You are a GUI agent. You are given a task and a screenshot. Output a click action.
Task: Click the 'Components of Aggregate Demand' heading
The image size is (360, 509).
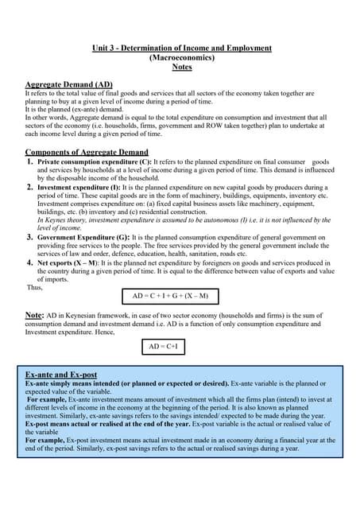[x=87, y=152]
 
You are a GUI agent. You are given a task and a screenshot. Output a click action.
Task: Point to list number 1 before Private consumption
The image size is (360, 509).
[x=30, y=161]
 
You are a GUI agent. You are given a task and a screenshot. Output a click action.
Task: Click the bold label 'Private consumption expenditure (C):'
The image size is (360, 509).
[x=88, y=161]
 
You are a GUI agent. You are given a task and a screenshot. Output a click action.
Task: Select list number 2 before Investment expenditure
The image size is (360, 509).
[x=30, y=188]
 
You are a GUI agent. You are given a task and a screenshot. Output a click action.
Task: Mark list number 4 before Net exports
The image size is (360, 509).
[x=30, y=262]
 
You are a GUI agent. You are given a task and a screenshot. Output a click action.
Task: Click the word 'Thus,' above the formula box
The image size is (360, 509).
[x=34, y=287]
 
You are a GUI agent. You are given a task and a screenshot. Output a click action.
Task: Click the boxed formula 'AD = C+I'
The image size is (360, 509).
[x=165, y=347]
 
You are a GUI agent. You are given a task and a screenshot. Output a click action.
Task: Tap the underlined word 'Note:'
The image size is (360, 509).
[x=34, y=316]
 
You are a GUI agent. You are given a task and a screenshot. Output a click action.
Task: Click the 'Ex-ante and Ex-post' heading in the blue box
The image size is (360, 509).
[x=61, y=374]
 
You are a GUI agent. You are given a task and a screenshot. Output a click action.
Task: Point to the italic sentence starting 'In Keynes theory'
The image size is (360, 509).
[x=183, y=220]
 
